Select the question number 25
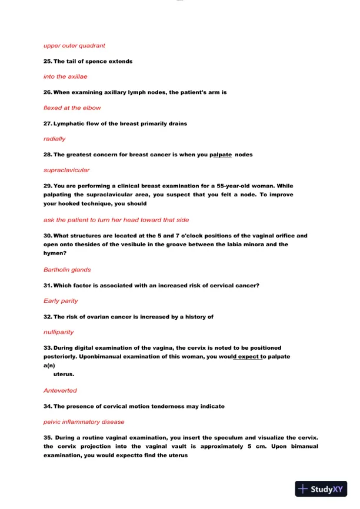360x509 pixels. tap(48, 61)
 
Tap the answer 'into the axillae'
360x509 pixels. tap(66, 76)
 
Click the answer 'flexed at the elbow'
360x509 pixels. tap(72, 108)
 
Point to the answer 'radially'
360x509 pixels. tap(55, 139)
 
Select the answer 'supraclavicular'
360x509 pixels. tap(66, 170)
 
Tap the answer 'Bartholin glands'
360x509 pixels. tap(67, 270)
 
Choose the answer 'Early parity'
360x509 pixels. tap(61, 300)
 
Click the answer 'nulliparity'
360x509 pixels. tap(58, 332)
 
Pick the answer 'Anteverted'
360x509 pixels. tap(60, 390)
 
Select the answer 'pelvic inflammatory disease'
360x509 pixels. tap(84, 421)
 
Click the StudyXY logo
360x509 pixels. tap(319, 488)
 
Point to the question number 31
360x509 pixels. tap(48, 286)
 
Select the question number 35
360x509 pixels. tap(48, 437)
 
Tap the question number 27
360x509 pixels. tap(48, 123)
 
